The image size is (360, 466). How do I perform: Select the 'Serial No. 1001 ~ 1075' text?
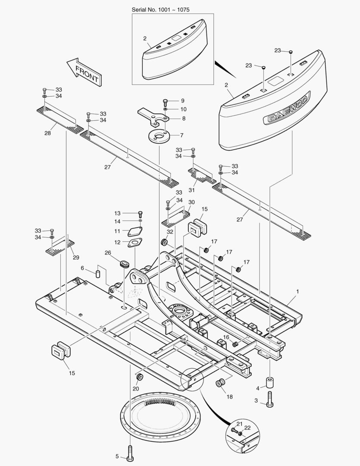[x=160, y=9]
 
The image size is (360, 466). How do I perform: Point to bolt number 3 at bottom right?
[x=270, y=400]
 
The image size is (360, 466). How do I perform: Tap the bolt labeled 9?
[x=165, y=102]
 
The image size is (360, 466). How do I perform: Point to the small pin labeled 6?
[x=98, y=274]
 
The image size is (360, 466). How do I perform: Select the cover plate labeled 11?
[x=135, y=232]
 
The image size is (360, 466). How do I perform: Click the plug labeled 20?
[x=140, y=378]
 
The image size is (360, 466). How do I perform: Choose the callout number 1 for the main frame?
[x=297, y=292]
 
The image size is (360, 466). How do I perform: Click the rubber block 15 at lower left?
[x=60, y=350]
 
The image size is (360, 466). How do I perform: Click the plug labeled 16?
[x=235, y=344]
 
